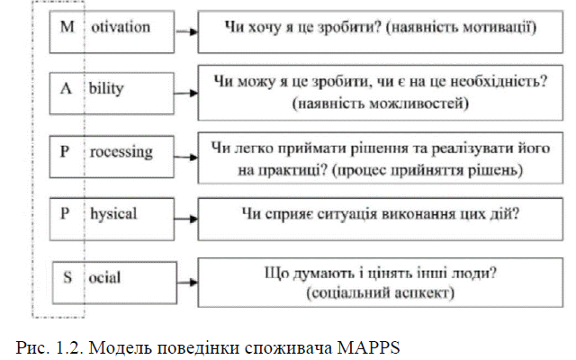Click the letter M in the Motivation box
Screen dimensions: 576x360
[x=67, y=27]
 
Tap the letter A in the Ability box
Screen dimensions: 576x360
[x=66, y=88]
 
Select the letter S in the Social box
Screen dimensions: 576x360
[x=67, y=277]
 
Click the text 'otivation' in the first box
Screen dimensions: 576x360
[x=121, y=27]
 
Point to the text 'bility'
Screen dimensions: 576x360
[x=106, y=88]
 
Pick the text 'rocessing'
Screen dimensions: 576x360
[x=121, y=152]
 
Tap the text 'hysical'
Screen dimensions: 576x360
[x=113, y=214]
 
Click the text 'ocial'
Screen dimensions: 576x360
[x=104, y=278]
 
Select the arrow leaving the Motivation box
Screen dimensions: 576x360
[x=186, y=31]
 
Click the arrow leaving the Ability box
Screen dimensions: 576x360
[x=186, y=93]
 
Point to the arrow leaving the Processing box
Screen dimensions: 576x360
[x=186, y=157]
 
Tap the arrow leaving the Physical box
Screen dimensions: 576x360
[x=186, y=219]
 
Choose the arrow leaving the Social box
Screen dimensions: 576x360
[x=187, y=282]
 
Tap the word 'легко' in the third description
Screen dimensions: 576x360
[x=254, y=148]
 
